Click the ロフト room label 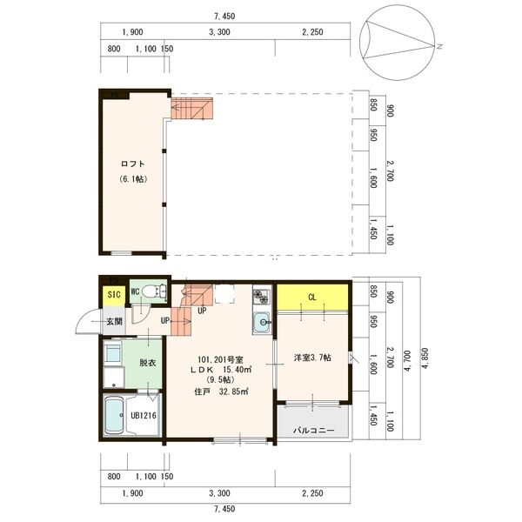131,164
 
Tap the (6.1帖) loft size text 132,179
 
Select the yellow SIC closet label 113,295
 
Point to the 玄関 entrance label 115,322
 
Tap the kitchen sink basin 262,325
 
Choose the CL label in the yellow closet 312,296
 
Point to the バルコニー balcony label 313,431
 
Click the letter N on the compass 441,46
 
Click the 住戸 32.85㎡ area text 222,391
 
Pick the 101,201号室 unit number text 221,358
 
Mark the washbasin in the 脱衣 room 113,353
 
